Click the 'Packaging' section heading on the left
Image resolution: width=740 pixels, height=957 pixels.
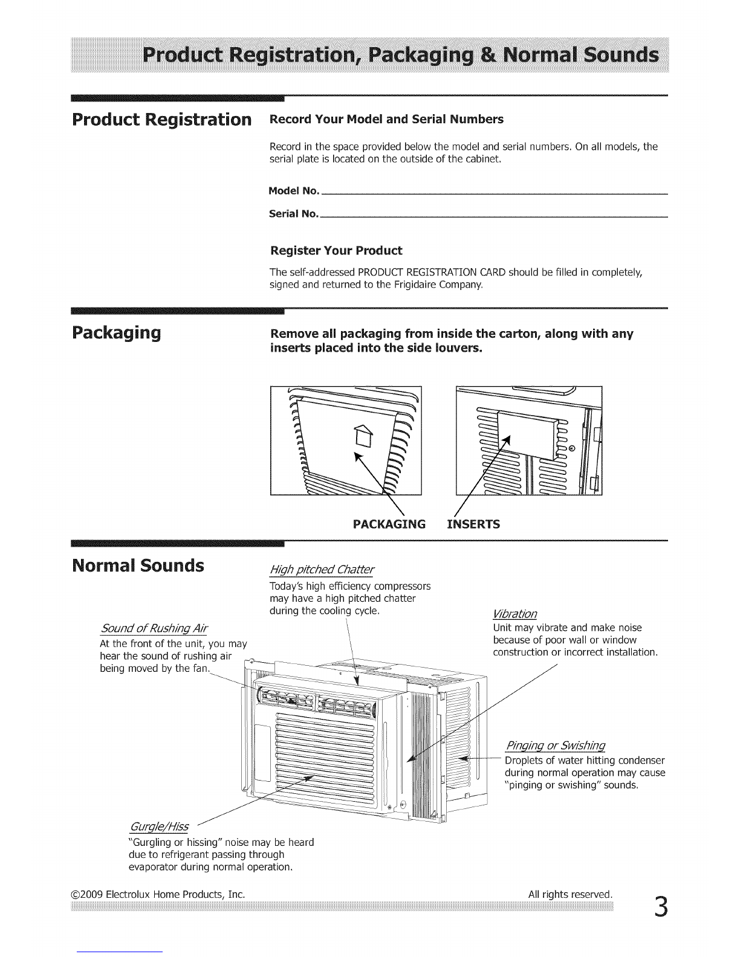(116, 333)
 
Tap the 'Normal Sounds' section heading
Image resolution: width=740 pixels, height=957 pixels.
(138, 566)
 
